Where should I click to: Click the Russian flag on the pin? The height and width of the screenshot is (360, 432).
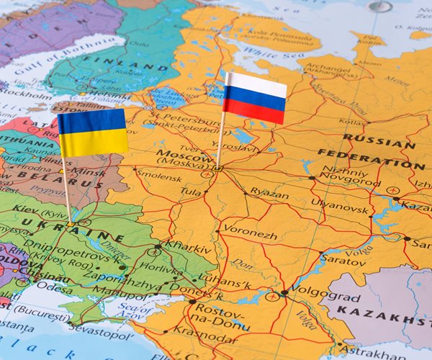tap(254, 98)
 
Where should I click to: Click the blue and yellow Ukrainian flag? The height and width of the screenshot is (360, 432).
tap(92, 132)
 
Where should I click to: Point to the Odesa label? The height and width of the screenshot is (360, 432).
tap(56, 286)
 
